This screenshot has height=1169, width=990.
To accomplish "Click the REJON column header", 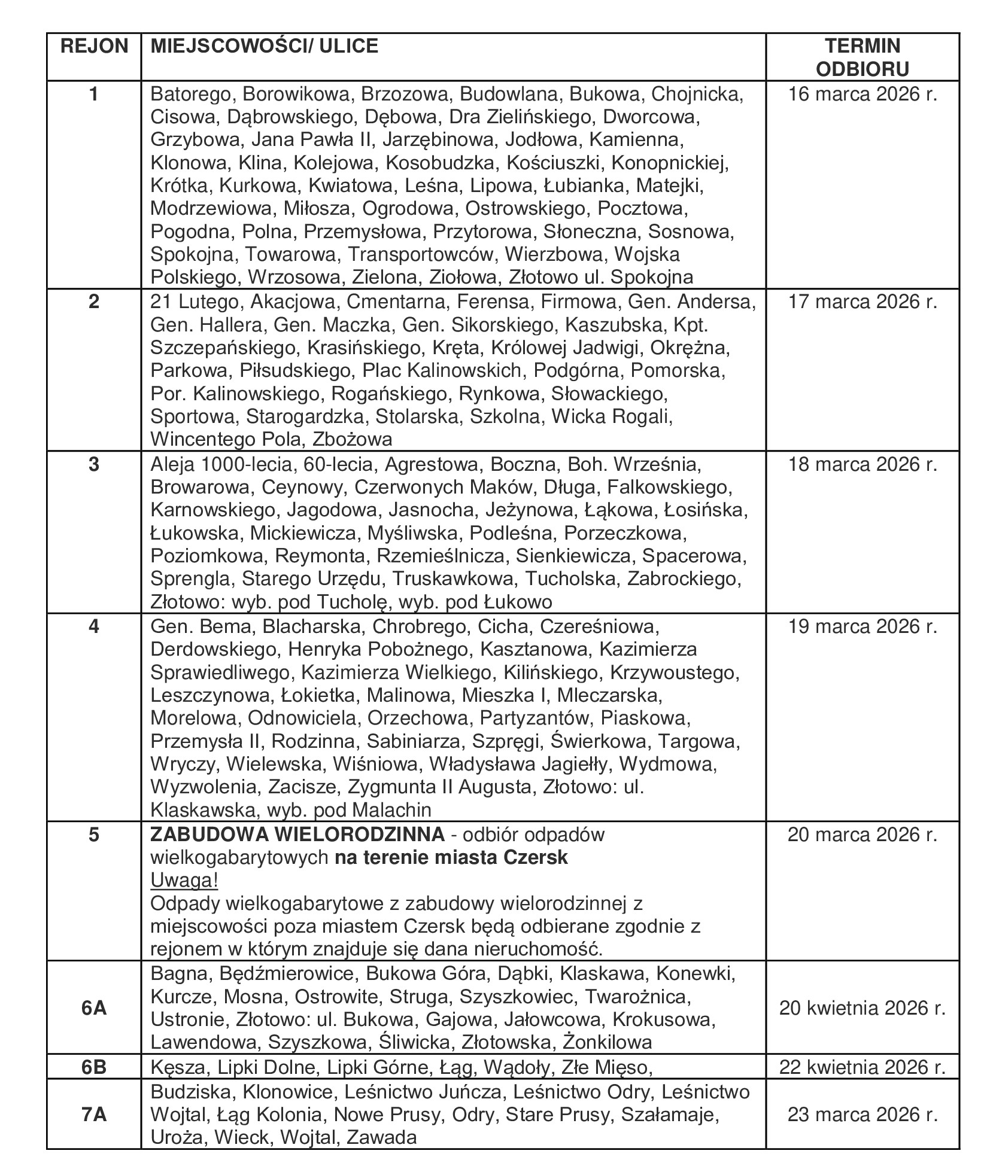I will (x=94, y=46).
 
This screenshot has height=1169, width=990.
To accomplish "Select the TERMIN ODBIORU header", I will (x=862, y=57).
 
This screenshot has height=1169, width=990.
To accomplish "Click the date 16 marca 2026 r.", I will (x=862, y=95).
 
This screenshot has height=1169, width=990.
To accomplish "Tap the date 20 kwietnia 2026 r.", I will (x=862, y=1008).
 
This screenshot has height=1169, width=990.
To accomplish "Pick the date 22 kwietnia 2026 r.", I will (x=862, y=1067).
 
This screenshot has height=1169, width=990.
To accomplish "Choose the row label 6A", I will (x=94, y=1008).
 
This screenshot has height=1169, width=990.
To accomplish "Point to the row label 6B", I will (x=94, y=1067).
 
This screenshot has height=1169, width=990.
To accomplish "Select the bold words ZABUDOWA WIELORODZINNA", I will (x=297, y=834).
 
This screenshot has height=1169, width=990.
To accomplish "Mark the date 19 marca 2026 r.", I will (x=862, y=626).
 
